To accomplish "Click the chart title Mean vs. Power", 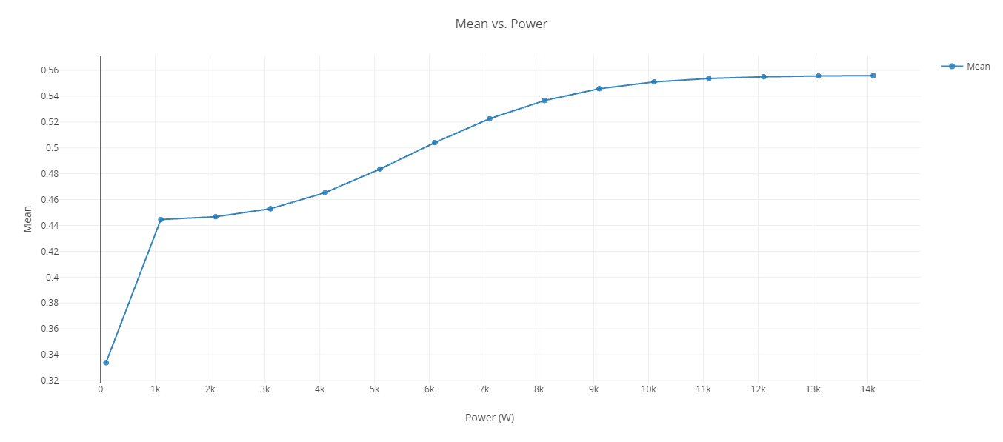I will pos(501,24).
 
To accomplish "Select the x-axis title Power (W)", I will pos(489,418).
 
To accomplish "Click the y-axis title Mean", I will pos(28,218).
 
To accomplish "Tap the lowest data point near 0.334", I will pos(106,363).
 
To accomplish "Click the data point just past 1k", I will pos(161,220).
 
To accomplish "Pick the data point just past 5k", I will pos(380,170).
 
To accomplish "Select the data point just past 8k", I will pos(544,101).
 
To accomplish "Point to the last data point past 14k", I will pos(873,76).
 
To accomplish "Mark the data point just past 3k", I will pos(270,209).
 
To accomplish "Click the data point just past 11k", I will pos(709,78).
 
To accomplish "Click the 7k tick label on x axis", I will pos(484,389).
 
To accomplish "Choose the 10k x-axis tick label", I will pos(648,389).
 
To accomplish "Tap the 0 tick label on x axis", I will pos(101,389).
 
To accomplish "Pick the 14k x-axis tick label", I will pos(867,389).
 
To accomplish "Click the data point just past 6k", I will pos(435,143).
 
